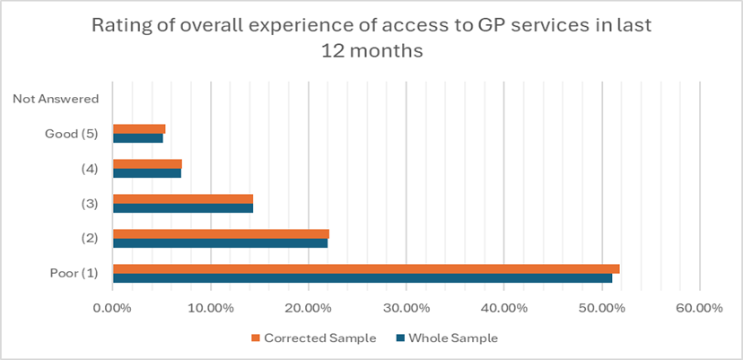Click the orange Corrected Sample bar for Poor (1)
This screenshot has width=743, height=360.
click(x=366, y=268)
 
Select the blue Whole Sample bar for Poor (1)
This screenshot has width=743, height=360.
click(x=363, y=278)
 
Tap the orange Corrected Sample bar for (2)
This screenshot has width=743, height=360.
click(x=221, y=233)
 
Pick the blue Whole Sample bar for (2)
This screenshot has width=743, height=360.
click(x=220, y=243)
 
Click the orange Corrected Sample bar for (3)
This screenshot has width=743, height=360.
click(x=183, y=198)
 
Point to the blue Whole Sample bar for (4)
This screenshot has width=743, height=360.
click(x=147, y=172)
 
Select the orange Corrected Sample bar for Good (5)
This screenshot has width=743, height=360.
click(x=139, y=128)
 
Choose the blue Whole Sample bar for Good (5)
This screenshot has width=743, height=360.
click(x=138, y=138)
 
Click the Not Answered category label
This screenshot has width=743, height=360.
click(x=56, y=99)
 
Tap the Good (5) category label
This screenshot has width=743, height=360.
click(x=73, y=134)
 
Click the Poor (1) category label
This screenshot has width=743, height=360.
click(x=74, y=273)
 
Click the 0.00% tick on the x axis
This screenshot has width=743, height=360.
click(x=112, y=308)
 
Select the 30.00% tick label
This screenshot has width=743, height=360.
click(x=406, y=308)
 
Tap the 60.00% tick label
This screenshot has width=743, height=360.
click(x=699, y=308)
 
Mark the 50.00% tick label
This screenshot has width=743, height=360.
click(x=601, y=308)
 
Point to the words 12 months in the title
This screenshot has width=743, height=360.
click(x=371, y=52)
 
